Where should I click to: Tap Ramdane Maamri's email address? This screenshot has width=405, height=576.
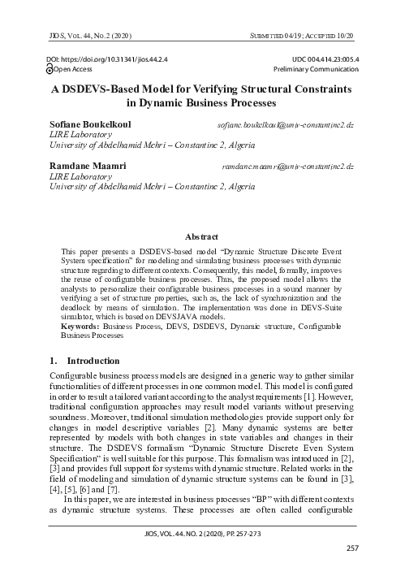click(x=287, y=167)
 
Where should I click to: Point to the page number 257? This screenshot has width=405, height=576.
click(x=351, y=549)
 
